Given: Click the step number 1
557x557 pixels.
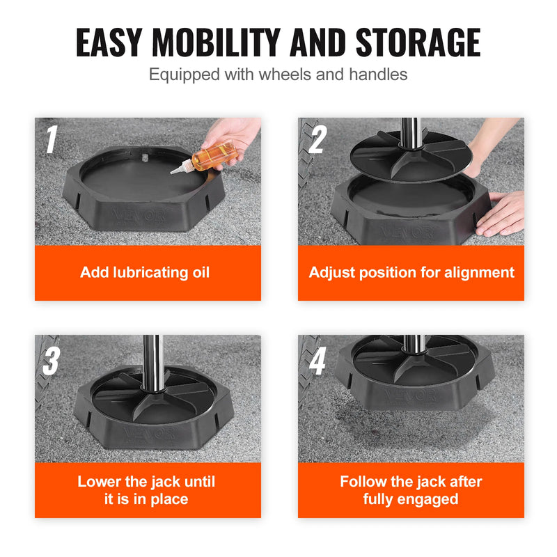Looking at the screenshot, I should pyautogui.click(x=51, y=139).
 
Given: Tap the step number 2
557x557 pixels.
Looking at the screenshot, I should pyautogui.click(x=317, y=139).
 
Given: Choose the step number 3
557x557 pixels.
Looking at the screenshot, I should pyautogui.click(x=51, y=362).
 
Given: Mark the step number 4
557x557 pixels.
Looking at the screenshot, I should pyautogui.click(x=317, y=362).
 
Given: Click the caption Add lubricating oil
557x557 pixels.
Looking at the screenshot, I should pyautogui.click(x=144, y=272).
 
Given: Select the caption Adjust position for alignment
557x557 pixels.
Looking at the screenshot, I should pyautogui.click(x=411, y=272).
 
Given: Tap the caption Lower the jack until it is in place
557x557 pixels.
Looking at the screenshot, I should pyautogui.click(x=146, y=490).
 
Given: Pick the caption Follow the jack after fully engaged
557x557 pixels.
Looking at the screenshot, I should pyautogui.click(x=411, y=490).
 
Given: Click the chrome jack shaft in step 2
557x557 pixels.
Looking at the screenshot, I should pyautogui.click(x=410, y=136).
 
